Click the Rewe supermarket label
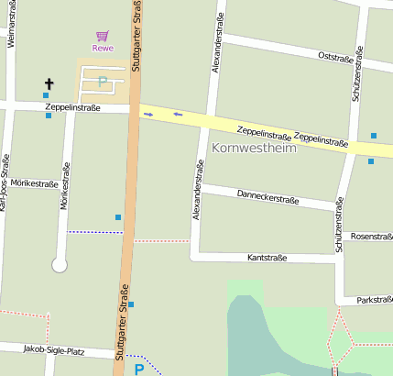tap(103, 48)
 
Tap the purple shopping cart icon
tap(103, 36)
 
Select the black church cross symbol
tap(49, 85)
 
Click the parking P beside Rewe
tap(103, 82)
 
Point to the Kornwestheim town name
tap(254, 147)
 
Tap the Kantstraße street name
tap(267, 259)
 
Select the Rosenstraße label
tap(371, 237)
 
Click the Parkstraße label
tap(374, 300)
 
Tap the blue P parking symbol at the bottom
tap(139, 370)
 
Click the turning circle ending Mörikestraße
tap(60, 265)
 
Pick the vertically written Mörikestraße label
tap(65, 186)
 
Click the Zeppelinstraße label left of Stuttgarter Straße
tap(71, 108)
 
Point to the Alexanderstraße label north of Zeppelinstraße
tap(218, 50)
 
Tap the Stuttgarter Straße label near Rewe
tap(136, 37)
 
